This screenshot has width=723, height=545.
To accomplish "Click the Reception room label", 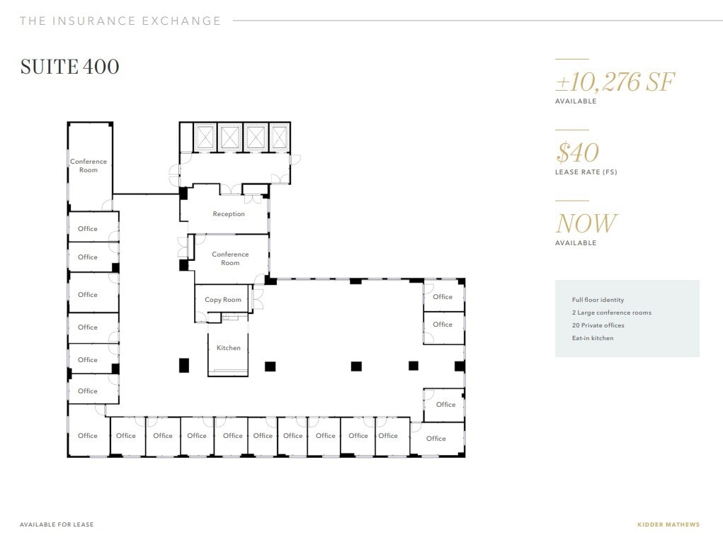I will point(229,214).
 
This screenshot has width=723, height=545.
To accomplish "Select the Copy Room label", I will point(223,300).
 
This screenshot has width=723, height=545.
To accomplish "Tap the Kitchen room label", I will point(228,348).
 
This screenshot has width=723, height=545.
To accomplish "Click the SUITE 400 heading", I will point(69,67).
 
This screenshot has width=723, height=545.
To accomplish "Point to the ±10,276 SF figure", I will point(615,83).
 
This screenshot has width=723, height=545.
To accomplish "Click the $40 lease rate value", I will point(578,152).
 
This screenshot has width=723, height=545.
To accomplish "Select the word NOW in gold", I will point(586,224).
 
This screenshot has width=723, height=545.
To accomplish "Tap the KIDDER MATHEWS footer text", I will point(668,525).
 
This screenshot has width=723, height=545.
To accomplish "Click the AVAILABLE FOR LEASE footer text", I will point(57,525).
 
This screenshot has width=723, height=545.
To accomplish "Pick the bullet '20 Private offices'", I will point(598,325).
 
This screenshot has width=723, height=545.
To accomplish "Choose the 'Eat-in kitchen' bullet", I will point(593,338).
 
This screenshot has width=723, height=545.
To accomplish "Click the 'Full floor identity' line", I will point(598,300).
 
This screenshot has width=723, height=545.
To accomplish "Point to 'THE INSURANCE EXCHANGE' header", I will point(120,21).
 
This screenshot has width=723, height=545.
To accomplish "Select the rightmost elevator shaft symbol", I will point(279,136).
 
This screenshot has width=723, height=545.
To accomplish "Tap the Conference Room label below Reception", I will point(230,259).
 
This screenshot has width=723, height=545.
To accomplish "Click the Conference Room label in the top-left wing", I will point(89,166).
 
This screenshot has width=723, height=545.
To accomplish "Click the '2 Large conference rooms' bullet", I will point(611,313).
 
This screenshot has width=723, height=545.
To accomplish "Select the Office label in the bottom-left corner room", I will point(88,436).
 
